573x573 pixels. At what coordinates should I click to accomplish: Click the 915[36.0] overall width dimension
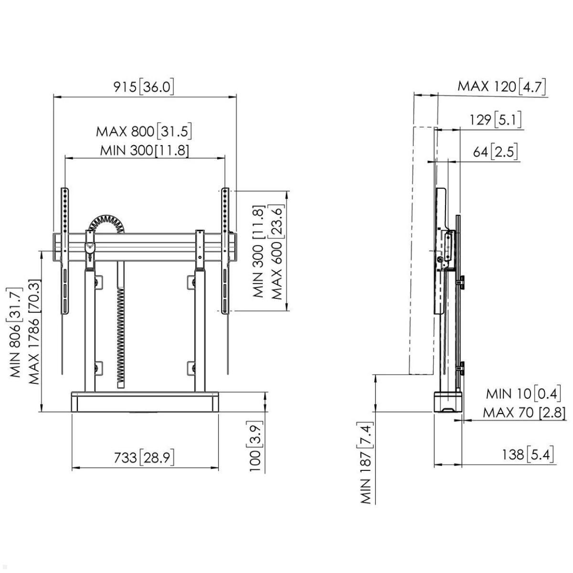[144, 87]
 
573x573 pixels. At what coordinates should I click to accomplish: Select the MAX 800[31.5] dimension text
[144, 131]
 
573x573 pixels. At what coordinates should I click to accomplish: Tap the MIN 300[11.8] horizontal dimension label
[144, 150]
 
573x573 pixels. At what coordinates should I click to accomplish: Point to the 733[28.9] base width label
[144, 457]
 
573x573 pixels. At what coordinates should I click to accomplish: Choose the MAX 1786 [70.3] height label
[34, 332]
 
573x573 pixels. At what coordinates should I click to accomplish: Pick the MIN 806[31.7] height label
[15, 332]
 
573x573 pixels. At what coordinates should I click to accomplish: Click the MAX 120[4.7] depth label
[501, 86]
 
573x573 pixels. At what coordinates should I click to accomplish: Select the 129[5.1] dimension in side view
[495, 119]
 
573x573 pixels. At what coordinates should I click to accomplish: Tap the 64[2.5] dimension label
[495, 152]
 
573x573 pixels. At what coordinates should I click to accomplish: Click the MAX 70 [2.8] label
[524, 412]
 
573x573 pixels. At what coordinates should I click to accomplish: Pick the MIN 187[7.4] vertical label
[366, 463]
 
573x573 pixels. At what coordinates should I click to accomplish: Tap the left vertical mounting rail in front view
[64, 251]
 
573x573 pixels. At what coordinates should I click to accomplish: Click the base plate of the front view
[145, 402]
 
